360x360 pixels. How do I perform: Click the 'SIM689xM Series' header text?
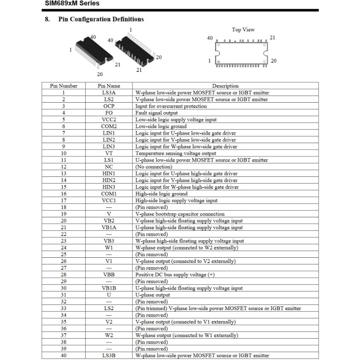click(72, 4)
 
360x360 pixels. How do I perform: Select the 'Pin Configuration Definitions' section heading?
click(101, 19)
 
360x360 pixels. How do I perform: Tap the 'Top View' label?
click(243, 30)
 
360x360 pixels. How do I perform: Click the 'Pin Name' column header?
click(109, 86)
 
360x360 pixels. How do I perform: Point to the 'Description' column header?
click(225, 86)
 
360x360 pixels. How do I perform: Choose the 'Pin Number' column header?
click(64, 86)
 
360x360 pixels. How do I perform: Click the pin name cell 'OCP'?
click(109, 106)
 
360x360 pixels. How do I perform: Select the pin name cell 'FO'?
click(109, 113)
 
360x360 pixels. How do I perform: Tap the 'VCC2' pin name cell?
click(109, 120)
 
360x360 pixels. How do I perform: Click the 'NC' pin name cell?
click(109, 167)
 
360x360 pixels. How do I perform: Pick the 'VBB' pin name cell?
click(109, 275)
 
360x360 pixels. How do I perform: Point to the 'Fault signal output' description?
click(156, 113)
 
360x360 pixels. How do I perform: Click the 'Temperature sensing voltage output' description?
click(176, 153)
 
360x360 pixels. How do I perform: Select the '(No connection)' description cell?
click(154, 167)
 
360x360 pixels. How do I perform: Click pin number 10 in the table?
click(64, 153)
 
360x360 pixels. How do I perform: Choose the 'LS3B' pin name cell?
click(109, 355)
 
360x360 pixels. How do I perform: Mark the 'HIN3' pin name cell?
click(109, 187)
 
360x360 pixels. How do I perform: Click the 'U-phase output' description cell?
click(153, 295)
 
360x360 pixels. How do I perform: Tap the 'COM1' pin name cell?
click(109, 194)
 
